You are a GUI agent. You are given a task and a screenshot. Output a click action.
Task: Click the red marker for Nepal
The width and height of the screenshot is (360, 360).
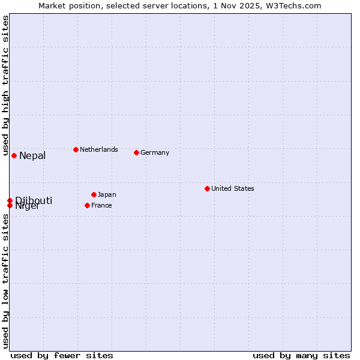click(14, 155)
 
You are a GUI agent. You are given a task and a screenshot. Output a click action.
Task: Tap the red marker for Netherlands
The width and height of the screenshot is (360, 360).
click(76, 149)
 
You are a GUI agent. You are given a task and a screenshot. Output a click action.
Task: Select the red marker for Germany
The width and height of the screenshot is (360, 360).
click(136, 152)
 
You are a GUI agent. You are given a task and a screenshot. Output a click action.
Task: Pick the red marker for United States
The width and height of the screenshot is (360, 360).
click(207, 188)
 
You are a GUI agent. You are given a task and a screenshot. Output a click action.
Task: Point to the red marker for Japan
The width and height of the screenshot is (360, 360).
click(94, 194)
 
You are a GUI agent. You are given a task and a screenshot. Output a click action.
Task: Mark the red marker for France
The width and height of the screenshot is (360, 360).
click(87, 205)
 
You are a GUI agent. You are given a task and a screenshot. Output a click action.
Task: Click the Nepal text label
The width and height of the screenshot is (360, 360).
click(32, 156)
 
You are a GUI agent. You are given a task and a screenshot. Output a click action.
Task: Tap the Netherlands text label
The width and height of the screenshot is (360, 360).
click(99, 149)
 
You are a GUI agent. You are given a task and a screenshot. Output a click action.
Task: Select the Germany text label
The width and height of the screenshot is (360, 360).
click(155, 152)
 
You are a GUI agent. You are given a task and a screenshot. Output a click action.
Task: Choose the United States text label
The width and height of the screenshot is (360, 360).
click(233, 188)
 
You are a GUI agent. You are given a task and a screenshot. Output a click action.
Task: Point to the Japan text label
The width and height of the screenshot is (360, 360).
click(107, 194)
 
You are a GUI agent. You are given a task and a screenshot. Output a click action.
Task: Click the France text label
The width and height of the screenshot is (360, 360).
click(101, 205)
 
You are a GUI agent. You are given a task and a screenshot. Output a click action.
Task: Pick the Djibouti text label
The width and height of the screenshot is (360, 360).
click(34, 200)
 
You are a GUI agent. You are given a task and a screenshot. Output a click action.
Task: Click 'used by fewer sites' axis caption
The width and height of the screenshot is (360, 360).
click(62, 355)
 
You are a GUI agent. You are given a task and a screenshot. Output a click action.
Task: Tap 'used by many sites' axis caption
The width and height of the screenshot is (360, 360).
click(301, 355)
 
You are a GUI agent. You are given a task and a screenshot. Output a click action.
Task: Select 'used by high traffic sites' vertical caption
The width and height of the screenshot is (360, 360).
click(5, 83)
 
